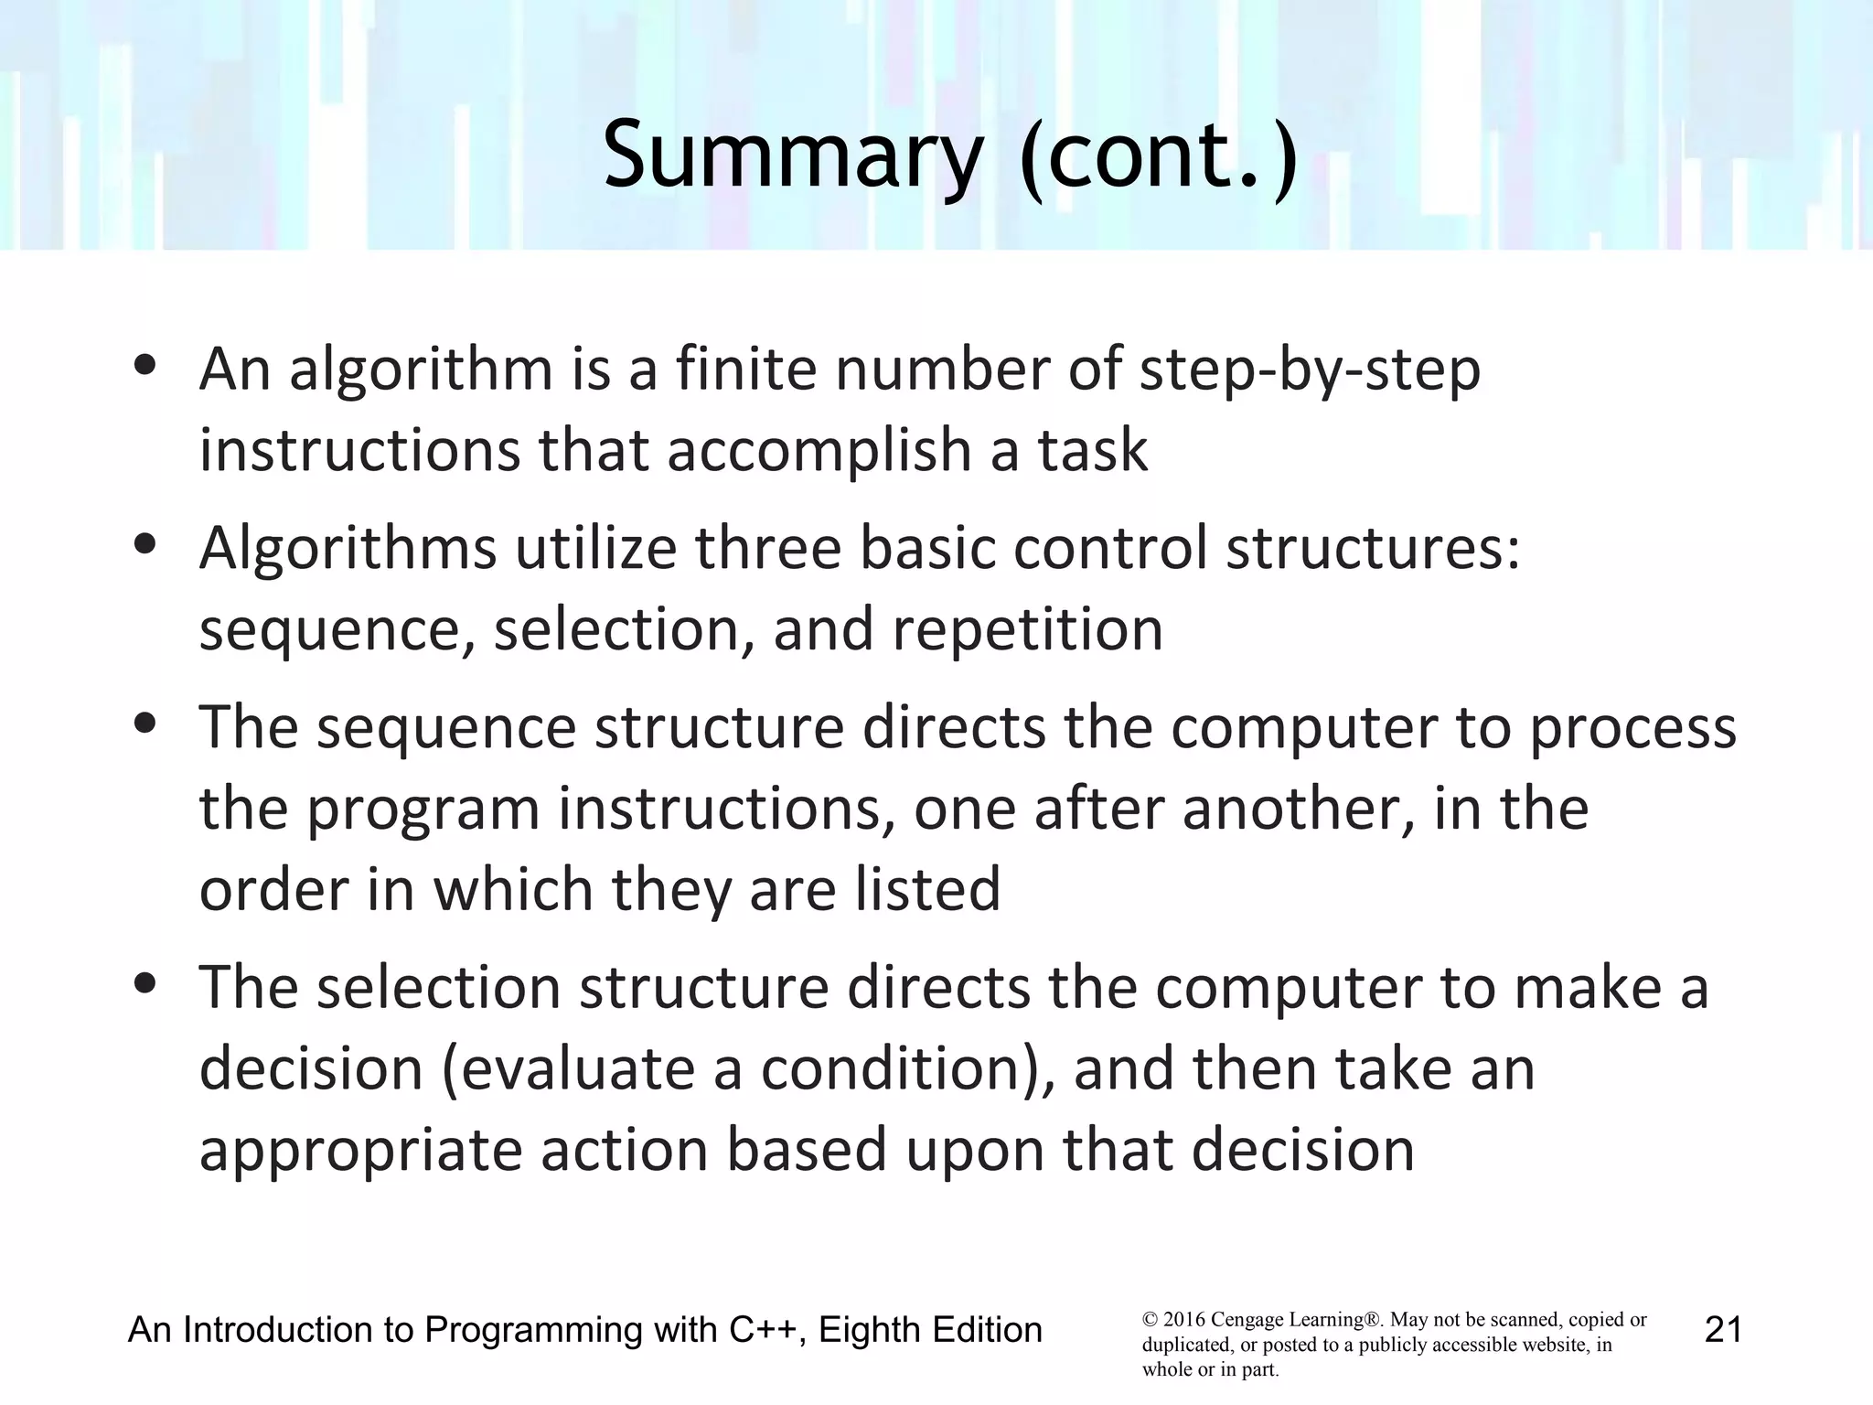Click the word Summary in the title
(x=792, y=156)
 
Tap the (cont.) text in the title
(x=1159, y=156)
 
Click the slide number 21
(x=1723, y=1329)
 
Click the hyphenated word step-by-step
(x=1309, y=370)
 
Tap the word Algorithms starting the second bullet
(x=348, y=548)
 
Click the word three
(x=768, y=548)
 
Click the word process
(x=1632, y=729)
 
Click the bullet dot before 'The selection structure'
(x=144, y=985)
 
